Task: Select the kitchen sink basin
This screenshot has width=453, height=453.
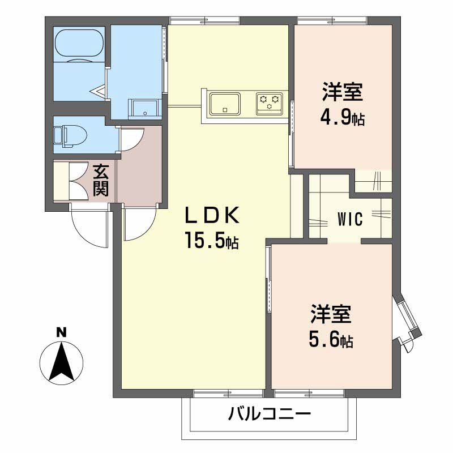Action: click(x=225, y=104)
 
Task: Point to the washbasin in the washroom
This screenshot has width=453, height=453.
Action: click(x=144, y=108)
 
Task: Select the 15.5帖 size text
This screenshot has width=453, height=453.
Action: click(x=210, y=242)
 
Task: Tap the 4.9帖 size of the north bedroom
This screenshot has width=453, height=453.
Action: click(x=343, y=119)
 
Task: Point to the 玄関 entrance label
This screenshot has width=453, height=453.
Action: click(x=101, y=180)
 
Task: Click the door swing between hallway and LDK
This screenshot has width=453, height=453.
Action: click(x=139, y=224)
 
